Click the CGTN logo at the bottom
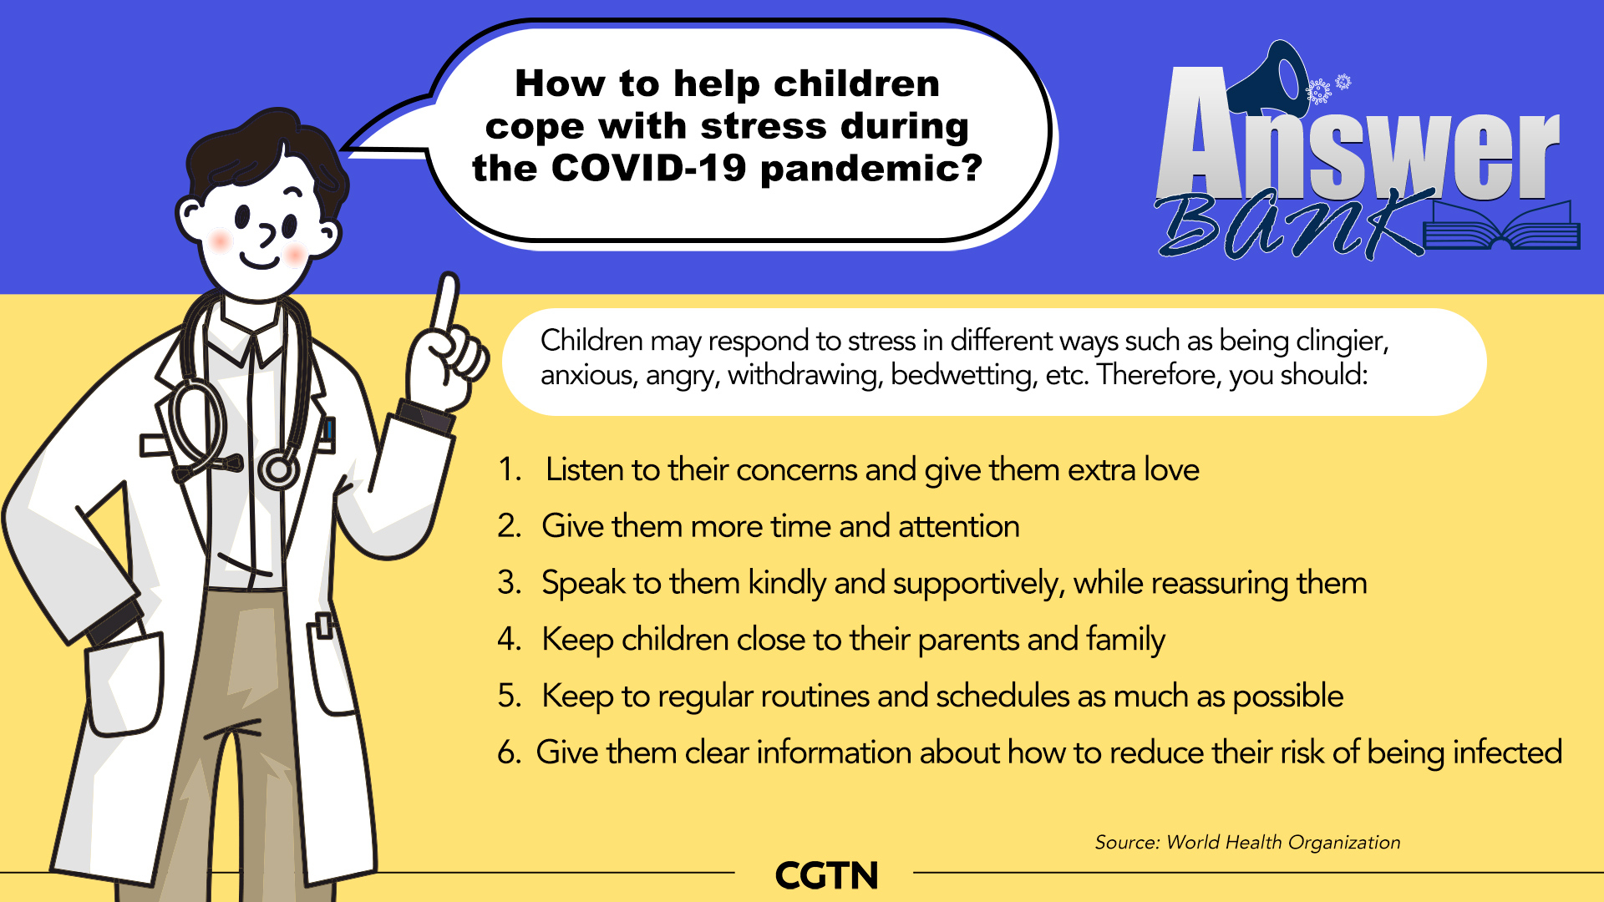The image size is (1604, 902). pos(826,875)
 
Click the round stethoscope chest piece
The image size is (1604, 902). pos(278,470)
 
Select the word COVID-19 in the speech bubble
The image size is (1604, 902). pos(649,168)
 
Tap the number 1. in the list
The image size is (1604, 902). pos(510,469)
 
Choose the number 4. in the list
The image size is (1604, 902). pos(510,639)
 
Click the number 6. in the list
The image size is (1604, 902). pos(510,753)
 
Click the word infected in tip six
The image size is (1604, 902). pos(1508,753)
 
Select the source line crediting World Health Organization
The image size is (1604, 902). pos(1247,842)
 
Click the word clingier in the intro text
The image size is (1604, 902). pos(1342,341)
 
